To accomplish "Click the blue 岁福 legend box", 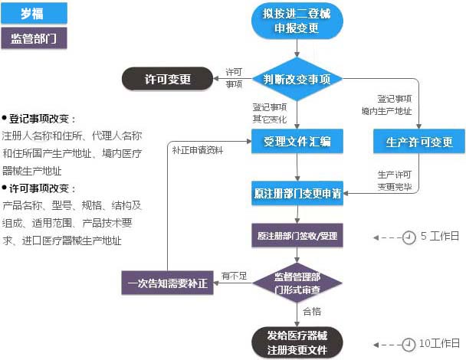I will point(34,12).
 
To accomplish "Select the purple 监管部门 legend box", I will point(34,39).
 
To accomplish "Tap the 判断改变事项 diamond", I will point(297,79).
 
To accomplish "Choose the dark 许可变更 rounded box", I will point(168,79).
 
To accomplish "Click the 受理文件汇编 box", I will point(297,142).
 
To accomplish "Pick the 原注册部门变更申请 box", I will point(297,192).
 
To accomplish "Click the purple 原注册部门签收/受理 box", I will point(297,236).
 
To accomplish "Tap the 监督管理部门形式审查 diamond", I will point(297,283).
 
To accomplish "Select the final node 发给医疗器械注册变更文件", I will point(297,342).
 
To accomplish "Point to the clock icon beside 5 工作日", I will point(410,237).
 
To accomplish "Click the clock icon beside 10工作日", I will point(410,343).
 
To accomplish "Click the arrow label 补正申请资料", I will point(198,150).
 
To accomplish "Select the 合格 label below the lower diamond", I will point(312,312).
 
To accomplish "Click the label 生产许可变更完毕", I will point(395,180).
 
